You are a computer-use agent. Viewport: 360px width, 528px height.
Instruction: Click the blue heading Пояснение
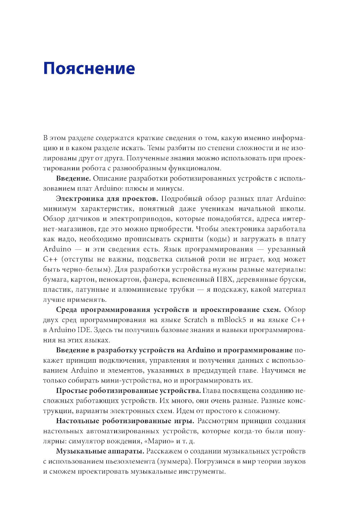point(89,68)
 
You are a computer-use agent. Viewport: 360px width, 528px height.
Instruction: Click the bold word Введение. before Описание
point(73,178)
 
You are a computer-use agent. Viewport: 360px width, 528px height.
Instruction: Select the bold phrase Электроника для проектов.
point(107,198)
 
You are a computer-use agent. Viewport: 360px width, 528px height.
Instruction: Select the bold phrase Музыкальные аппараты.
point(100,451)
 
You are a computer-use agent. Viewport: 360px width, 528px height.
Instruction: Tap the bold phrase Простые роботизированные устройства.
point(129,391)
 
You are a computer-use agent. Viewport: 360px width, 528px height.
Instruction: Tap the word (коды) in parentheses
point(218,239)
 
